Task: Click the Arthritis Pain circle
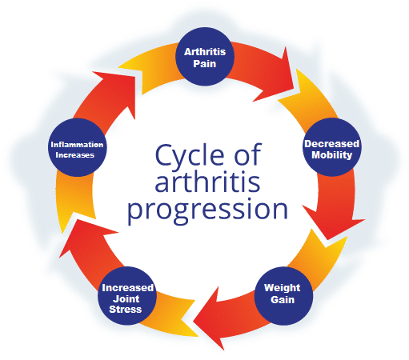pos(205,57)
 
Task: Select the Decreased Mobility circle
pos(332,147)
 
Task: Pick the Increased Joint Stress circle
pos(127,296)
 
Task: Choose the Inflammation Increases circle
pos(78,147)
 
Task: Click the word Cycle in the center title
pos(190,155)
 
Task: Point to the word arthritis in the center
pos(207,182)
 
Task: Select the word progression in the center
pos(207,210)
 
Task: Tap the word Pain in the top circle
pos(204,64)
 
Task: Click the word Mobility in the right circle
pos(332,155)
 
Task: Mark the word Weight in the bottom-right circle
pos(282,288)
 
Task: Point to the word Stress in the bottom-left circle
pos(126,310)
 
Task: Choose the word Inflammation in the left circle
pos(77,145)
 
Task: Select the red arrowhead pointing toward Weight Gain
pos(334,222)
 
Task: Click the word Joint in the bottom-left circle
pos(126,299)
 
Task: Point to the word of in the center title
pos(247,155)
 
